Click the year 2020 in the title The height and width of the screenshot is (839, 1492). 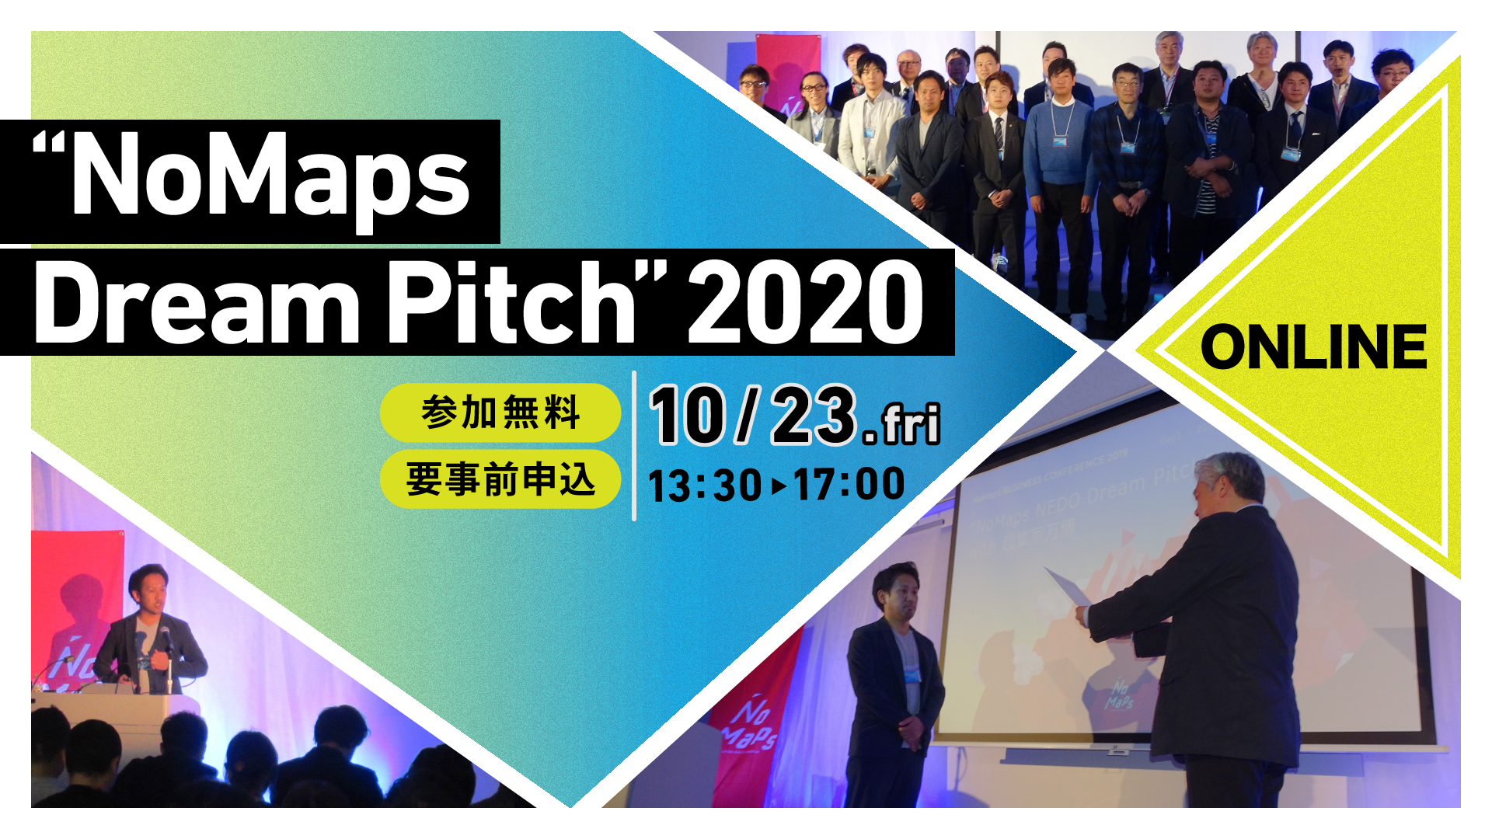click(x=805, y=302)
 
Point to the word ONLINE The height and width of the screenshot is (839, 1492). click(x=1313, y=347)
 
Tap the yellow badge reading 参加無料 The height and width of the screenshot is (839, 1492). click(x=500, y=413)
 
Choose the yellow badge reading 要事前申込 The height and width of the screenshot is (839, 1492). click(x=500, y=479)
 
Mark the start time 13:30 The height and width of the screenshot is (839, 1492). click(x=704, y=486)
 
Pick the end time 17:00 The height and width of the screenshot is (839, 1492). click(x=849, y=484)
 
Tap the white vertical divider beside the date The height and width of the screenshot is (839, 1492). click(x=634, y=446)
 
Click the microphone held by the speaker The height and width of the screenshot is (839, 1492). click(x=165, y=639)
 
